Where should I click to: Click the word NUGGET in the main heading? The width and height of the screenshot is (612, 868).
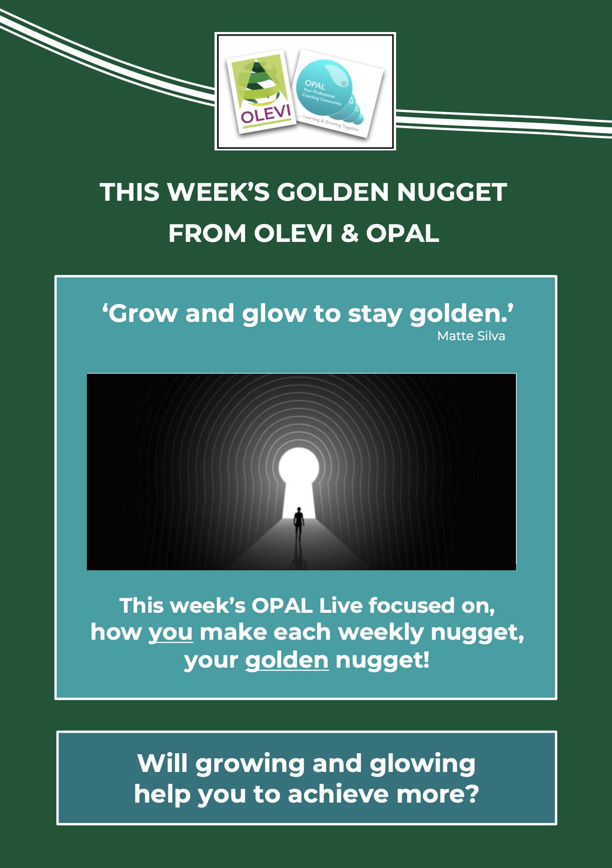click(452, 192)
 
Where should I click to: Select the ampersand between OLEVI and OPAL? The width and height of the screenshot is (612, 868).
click(350, 233)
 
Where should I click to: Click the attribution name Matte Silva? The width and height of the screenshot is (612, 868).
click(471, 336)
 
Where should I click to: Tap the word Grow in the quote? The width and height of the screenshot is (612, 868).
click(143, 314)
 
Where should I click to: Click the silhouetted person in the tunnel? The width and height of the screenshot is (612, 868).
click(299, 524)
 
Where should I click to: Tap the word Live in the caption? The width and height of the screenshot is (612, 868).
click(341, 605)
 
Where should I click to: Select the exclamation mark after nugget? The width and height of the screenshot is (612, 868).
click(426, 660)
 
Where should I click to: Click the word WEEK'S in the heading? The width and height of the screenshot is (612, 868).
click(219, 192)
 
